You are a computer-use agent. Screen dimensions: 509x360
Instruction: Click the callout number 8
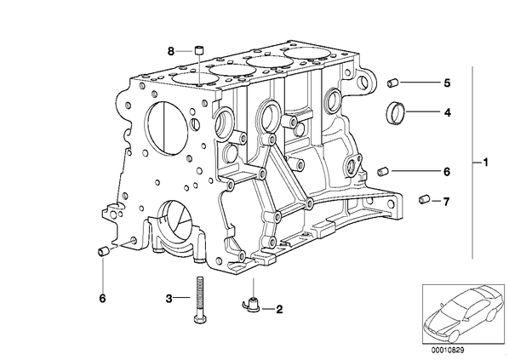pyautogui.click(x=171, y=51)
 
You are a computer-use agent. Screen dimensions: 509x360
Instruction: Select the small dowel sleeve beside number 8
pyautogui.click(x=198, y=51)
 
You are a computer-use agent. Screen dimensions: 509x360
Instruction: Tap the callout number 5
pyautogui.click(x=448, y=83)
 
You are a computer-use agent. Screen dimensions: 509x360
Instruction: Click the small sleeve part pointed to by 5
pyautogui.click(x=393, y=83)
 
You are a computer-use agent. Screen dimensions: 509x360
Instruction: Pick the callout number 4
pyautogui.click(x=448, y=112)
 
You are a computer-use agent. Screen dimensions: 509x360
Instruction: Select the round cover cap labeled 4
pyautogui.click(x=396, y=112)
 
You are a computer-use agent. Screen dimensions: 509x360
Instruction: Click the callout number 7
pyautogui.click(x=446, y=202)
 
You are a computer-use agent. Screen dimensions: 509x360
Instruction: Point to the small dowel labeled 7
pyautogui.click(x=424, y=199)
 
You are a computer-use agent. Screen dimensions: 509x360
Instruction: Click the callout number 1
pyautogui.click(x=485, y=162)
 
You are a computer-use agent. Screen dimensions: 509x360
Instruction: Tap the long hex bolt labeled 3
pyautogui.click(x=199, y=300)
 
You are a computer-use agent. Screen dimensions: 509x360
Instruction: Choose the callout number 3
pyautogui.click(x=169, y=298)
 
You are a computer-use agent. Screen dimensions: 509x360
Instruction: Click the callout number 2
pyautogui.click(x=279, y=309)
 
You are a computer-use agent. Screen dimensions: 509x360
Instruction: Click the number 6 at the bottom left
pyautogui.click(x=102, y=298)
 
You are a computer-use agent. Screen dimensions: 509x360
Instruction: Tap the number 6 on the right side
pyautogui.click(x=447, y=172)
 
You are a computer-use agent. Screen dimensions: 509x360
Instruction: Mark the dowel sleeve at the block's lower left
pyautogui.click(x=103, y=251)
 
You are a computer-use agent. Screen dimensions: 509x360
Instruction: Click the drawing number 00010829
pyautogui.click(x=448, y=351)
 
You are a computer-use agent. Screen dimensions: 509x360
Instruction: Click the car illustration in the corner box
pyautogui.click(x=463, y=313)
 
